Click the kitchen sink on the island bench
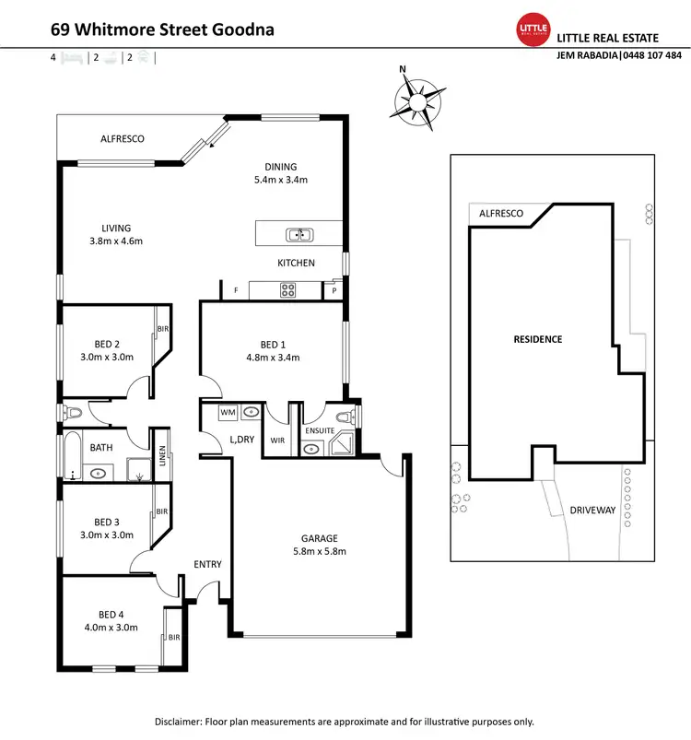coord(297,234)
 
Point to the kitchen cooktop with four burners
coord(287,290)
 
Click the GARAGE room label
coord(320,538)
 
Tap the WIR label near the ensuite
coord(277,440)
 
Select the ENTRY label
coord(207,565)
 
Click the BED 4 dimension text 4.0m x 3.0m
coord(118,628)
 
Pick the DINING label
coord(280,167)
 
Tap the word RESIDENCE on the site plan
coord(537,339)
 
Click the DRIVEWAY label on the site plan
coord(593,510)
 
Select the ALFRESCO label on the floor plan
coord(123,139)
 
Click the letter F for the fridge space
coord(236,290)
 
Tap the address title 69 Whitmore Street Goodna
coord(161,29)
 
